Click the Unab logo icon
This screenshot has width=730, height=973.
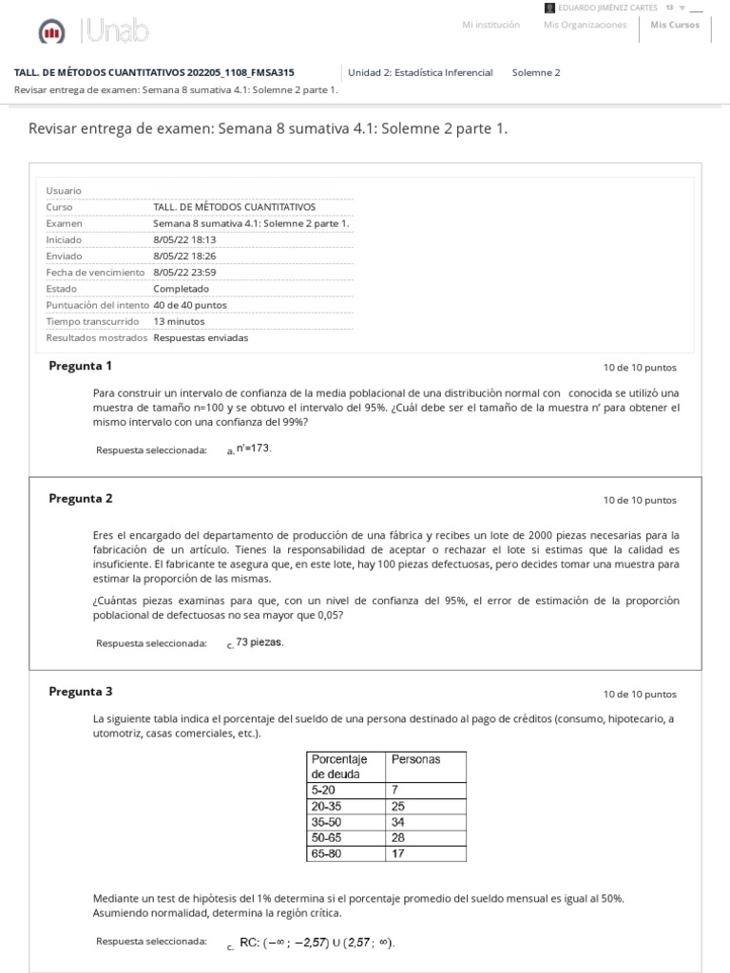click(51, 34)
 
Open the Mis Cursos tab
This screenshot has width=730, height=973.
click(675, 25)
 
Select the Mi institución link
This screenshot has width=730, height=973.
click(490, 25)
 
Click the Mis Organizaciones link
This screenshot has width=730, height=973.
click(585, 25)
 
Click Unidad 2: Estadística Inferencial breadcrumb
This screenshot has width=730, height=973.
click(420, 72)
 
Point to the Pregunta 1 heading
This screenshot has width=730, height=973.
click(80, 366)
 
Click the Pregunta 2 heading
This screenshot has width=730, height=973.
click(80, 498)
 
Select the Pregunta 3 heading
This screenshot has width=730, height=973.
click(80, 691)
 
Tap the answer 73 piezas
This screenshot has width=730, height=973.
click(259, 641)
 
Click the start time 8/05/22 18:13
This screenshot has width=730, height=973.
click(184, 239)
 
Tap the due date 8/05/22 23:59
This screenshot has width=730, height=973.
click(184, 272)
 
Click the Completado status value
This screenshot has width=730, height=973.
click(181, 288)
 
